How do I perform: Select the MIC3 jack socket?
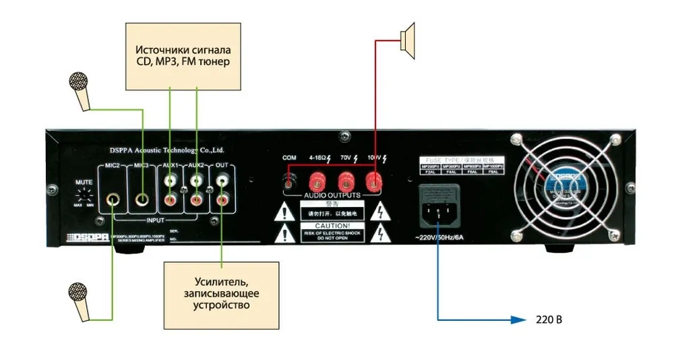143,200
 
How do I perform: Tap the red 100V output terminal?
373,181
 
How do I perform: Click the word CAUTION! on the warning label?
326,225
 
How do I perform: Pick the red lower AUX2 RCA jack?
197,200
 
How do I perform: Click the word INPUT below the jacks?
156,220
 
